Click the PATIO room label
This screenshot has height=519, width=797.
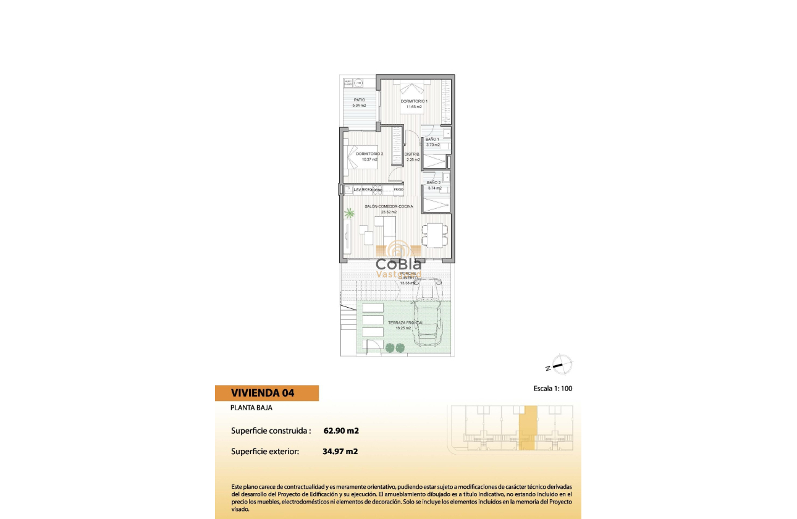(x=359, y=99)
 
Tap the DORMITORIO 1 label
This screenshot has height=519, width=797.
(x=413, y=101)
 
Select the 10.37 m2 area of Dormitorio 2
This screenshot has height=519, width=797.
(x=369, y=159)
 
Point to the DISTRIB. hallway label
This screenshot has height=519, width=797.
(x=412, y=154)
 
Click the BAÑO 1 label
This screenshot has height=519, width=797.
(x=432, y=140)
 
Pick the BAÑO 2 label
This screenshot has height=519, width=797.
(x=434, y=183)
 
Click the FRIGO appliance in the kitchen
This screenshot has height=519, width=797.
(x=399, y=189)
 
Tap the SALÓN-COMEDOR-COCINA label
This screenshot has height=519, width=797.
(x=389, y=206)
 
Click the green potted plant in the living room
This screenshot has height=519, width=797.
(x=350, y=213)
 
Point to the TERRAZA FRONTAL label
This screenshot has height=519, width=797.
(x=405, y=323)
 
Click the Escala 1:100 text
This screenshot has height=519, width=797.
(x=557, y=389)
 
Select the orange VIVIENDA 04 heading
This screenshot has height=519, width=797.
(x=267, y=393)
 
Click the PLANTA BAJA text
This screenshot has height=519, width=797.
(x=251, y=408)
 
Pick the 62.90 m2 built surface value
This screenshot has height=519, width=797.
(x=341, y=431)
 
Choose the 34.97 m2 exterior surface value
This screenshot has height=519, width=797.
(x=340, y=451)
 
